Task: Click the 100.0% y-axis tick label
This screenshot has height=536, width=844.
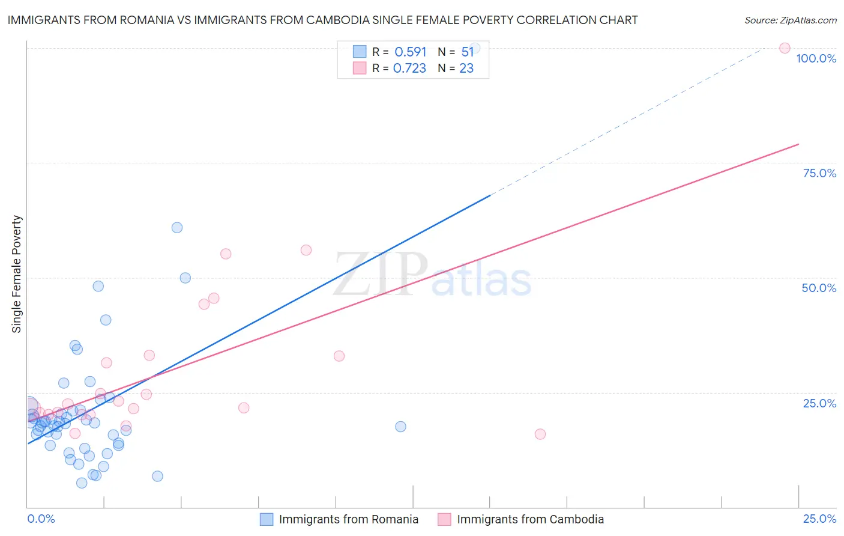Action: point(816,58)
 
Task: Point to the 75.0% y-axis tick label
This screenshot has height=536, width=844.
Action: point(819,173)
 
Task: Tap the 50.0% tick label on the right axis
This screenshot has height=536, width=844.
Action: point(819,288)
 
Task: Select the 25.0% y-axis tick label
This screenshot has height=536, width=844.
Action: point(819,403)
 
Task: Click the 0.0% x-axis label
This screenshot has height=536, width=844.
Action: point(41,519)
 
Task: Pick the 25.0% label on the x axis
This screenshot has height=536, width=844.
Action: point(819,519)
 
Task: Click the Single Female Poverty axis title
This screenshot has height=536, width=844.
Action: point(17,274)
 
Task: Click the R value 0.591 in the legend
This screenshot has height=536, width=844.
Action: point(410,52)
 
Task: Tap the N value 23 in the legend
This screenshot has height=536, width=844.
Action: point(466,69)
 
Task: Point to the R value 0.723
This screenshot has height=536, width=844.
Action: point(409,69)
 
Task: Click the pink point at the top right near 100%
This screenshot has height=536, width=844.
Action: point(785,48)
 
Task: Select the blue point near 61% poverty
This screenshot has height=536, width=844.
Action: point(177,228)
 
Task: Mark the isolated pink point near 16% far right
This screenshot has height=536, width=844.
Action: point(540,434)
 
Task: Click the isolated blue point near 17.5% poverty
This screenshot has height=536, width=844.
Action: point(400,427)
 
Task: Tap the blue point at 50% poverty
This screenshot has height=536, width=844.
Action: point(185,278)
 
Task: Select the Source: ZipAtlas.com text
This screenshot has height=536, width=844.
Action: point(790,20)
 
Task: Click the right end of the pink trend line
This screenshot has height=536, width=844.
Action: point(798,144)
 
